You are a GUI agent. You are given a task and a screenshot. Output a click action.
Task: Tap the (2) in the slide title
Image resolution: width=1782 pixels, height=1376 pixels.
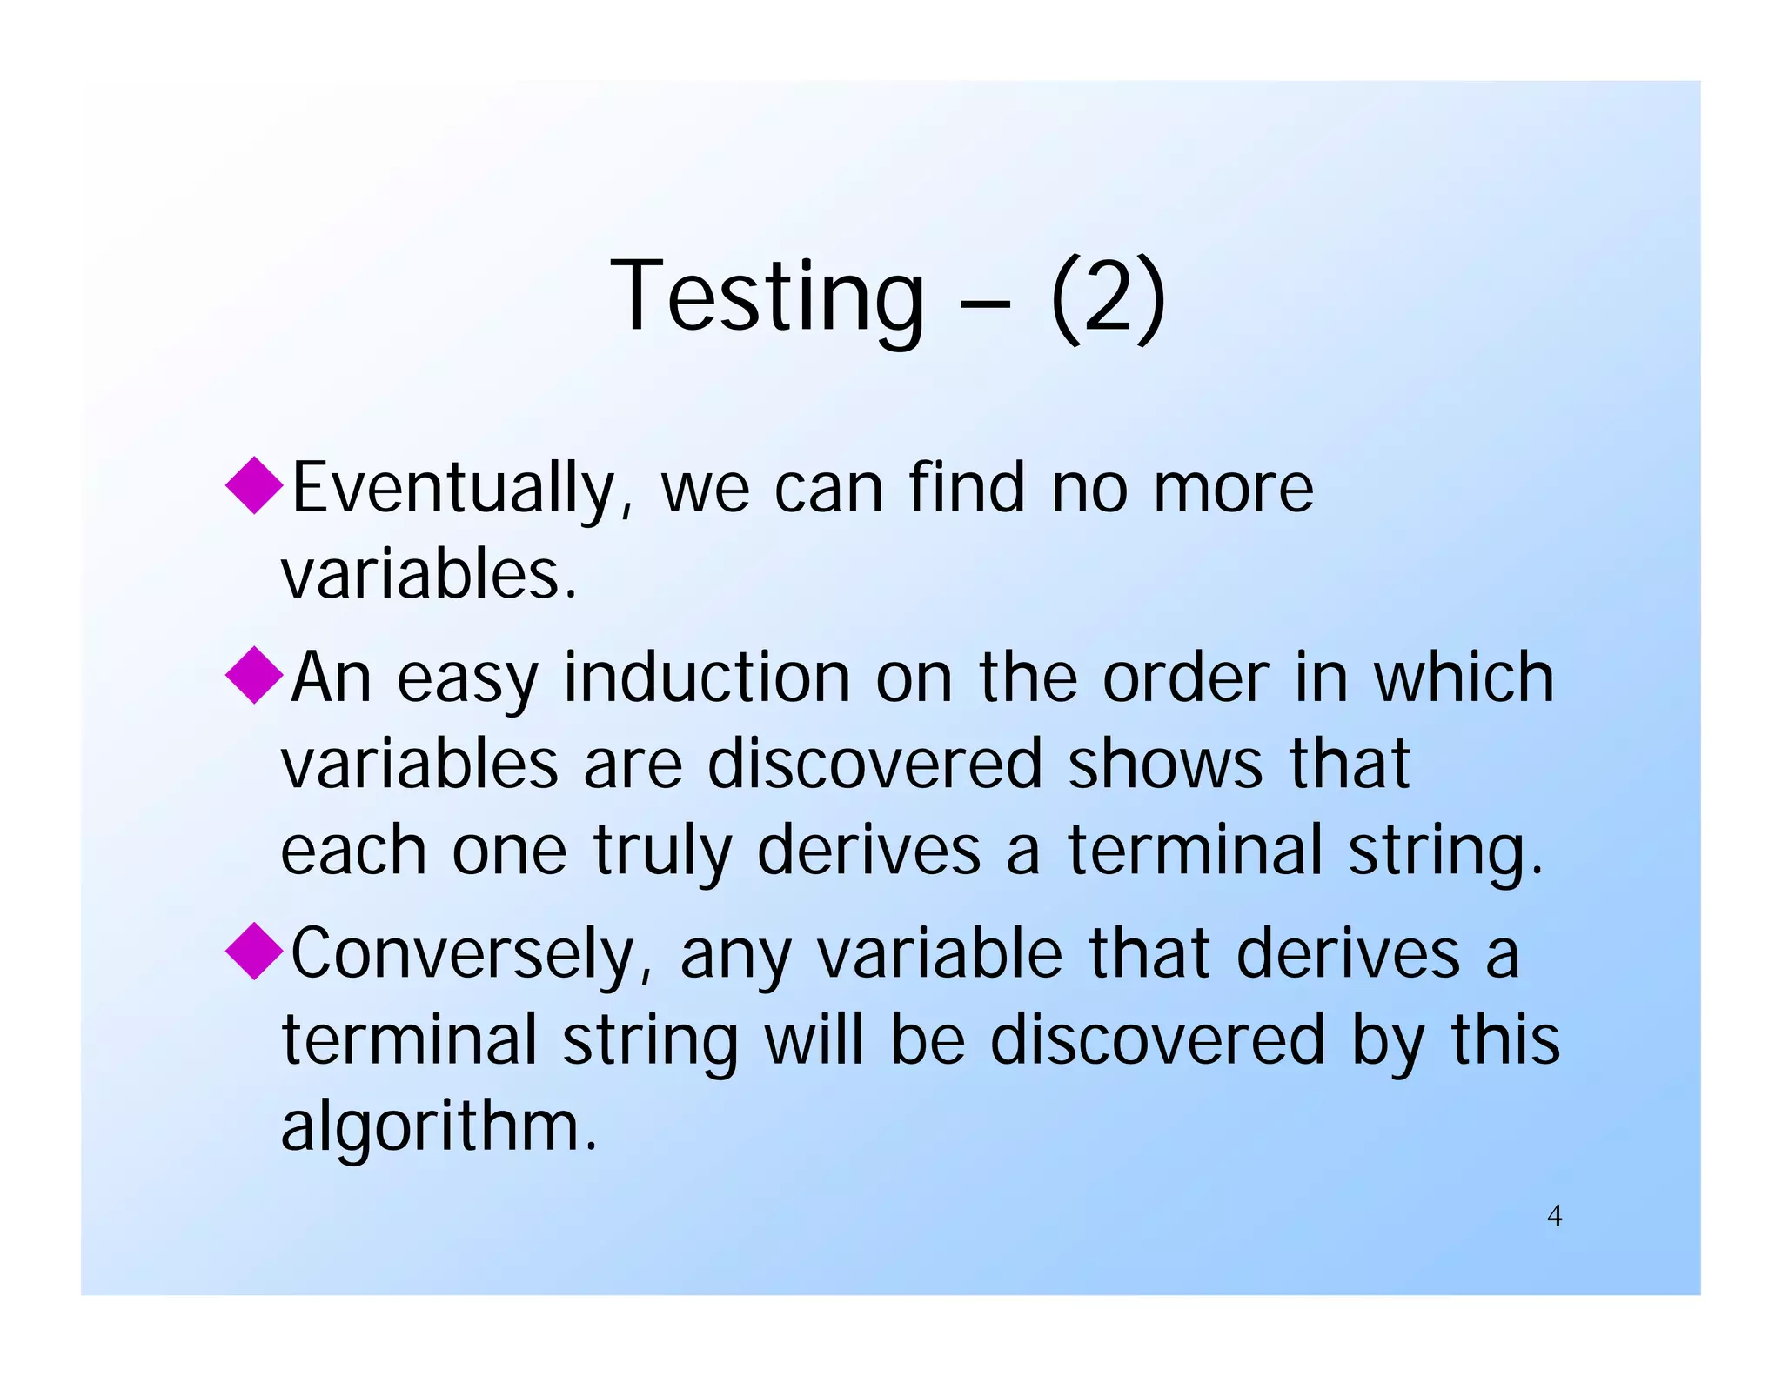1108,297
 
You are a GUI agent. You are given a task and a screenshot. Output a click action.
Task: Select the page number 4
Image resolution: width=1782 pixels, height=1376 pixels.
1554,1216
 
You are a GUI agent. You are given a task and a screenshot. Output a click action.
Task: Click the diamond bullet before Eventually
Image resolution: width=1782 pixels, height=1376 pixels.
255,485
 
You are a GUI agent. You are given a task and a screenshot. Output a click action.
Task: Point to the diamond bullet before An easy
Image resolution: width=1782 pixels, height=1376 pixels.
255,674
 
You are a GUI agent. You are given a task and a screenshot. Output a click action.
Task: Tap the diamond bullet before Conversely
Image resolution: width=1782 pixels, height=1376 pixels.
255,951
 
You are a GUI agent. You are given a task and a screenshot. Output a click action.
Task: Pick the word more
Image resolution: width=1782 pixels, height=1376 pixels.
1233,489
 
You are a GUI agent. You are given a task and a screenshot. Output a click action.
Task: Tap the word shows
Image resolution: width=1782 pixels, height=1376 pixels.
1165,764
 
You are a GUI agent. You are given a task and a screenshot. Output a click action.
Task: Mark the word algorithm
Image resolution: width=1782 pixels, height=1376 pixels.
439,1126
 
